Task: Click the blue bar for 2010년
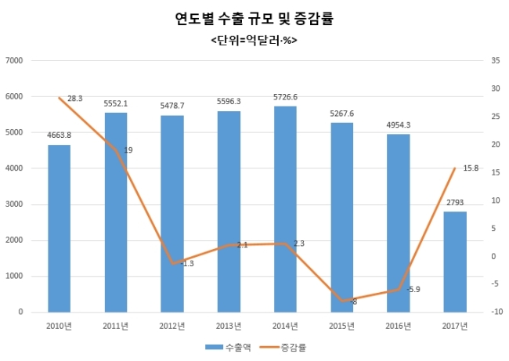(x=59, y=229)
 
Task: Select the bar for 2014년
(x=285, y=209)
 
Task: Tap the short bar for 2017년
(x=455, y=262)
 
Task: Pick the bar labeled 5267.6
(x=342, y=218)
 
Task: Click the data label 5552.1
(x=116, y=103)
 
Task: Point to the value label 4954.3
(x=399, y=125)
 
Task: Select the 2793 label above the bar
(x=455, y=203)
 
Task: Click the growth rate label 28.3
(x=75, y=99)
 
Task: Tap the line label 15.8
(x=471, y=168)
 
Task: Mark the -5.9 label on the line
(x=413, y=289)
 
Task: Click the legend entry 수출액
(x=228, y=348)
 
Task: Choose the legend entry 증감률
(x=283, y=348)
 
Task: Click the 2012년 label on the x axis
(x=172, y=326)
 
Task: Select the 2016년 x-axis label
(x=399, y=326)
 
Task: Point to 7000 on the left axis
(x=14, y=61)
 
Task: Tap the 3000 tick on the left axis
(x=14, y=204)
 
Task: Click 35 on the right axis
(x=496, y=61)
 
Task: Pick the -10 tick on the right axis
(x=496, y=312)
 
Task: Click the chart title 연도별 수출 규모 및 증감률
(x=254, y=19)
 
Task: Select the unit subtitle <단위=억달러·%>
(x=254, y=41)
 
